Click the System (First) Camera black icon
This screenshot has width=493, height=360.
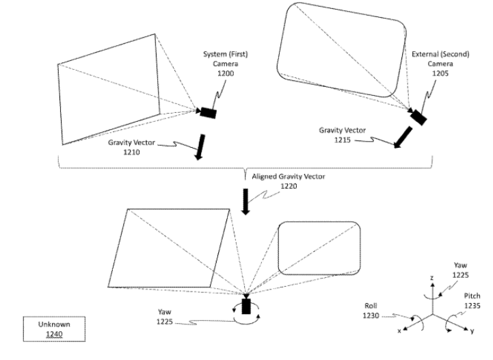(x=207, y=113)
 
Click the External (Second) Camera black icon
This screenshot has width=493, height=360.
(x=418, y=117)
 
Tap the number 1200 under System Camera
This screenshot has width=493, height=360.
(x=226, y=73)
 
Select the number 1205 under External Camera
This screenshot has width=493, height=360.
(x=440, y=73)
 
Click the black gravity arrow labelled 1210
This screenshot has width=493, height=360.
(x=200, y=147)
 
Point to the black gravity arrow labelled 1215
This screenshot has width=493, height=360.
(x=403, y=137)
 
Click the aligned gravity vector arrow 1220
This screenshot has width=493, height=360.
(x=245, y=202)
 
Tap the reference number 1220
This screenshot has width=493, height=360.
(x=289, y=186)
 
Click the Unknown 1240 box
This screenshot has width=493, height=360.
(x=54, y=329)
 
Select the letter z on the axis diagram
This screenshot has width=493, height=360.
(x=432, y=278)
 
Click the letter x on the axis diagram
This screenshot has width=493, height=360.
(x=399, y=331)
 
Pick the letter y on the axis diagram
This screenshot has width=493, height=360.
(x=472, y=331)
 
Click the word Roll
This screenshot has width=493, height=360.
(x=371, y=305)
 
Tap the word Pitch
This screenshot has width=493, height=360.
(x=472, y=296)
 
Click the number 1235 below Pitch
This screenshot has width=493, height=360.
(x=472, y=305)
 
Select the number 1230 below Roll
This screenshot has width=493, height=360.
(x=371, y=316)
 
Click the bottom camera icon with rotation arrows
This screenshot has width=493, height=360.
(x=246, y=306)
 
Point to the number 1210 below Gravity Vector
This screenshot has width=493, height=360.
(x=131, y=153)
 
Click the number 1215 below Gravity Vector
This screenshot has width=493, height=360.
(x=343, y=140)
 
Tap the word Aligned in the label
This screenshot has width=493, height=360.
(x=265, y=177)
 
